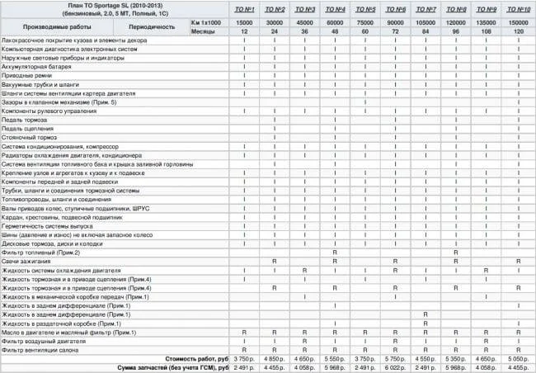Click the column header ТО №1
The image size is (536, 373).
(x=244, y=8)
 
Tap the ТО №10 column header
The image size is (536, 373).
(x=517, y=8)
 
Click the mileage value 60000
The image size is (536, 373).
(x=334, y=20)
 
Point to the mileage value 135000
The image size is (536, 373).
(x=487, y=20)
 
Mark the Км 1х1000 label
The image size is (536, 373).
(x=205, y=20)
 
